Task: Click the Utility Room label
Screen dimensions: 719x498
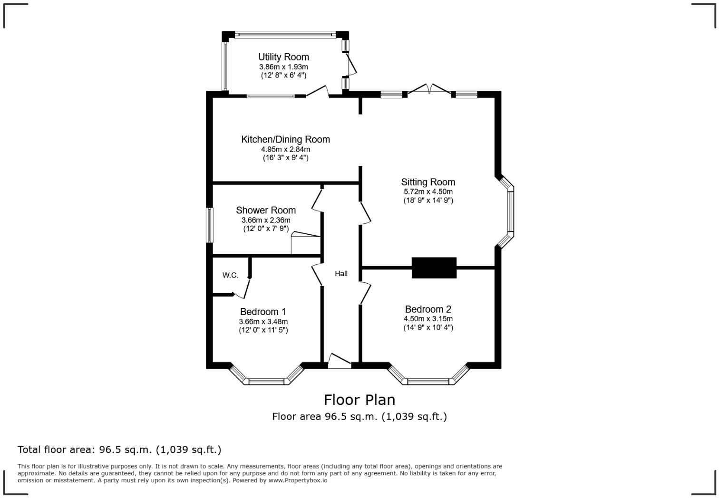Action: (283, 57)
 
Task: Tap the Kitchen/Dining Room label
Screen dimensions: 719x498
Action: (285, 140)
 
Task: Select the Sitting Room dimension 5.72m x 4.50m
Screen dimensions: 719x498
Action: (428, 192)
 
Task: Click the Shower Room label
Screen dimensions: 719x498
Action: (266, 211)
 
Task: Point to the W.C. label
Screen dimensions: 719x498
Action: (230, 275)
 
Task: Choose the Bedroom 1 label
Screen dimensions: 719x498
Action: (263, 312)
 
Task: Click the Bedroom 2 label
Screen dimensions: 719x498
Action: (428, 309)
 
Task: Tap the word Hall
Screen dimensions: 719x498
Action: (341, 274)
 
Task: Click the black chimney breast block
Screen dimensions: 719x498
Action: (434, 268)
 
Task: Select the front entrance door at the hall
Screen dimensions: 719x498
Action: (340, 361)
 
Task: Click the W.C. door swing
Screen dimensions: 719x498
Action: (243, 288)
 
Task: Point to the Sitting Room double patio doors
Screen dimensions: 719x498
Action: (429, 89)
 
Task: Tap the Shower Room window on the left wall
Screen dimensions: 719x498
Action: (209, 225)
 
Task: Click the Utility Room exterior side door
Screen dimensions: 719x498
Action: (350, 65)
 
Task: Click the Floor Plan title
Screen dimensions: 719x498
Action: (359, 400)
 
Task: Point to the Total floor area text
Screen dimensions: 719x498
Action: (119, 450)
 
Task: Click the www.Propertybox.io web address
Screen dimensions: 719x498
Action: (298, 480)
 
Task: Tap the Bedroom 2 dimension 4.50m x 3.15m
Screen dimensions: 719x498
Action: (428, 319)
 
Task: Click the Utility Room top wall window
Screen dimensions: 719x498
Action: (285, 34)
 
